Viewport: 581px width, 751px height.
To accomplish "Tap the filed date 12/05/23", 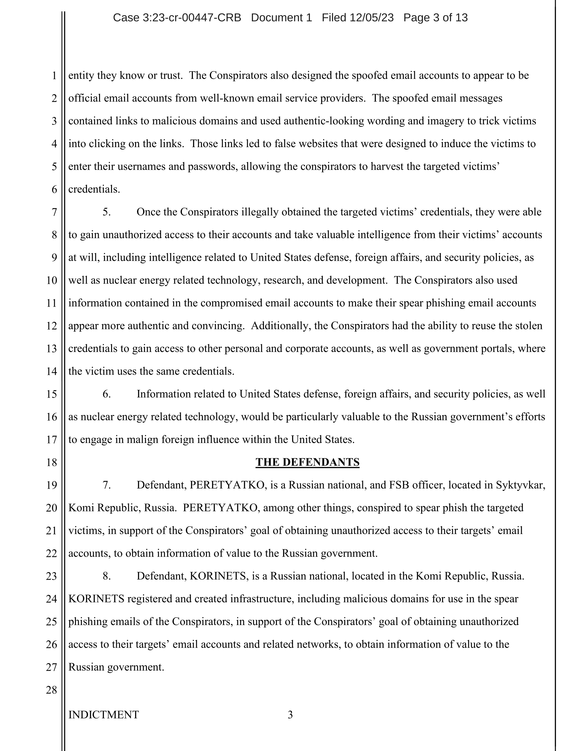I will click(372, 17).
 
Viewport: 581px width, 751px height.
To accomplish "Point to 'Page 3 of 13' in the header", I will click(435, 17).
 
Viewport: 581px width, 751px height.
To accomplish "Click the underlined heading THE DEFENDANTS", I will click(307, 462).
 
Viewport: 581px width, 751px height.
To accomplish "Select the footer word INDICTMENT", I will click(103, 715).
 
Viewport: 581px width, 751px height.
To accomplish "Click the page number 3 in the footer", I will click(290, 715).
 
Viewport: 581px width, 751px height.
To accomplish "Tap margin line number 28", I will click(51, 690).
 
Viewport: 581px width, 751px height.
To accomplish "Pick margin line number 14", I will click(51, 371).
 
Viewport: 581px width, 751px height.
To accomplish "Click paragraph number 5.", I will click(107, 212).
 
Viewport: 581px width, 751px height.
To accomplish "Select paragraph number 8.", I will click(107, 576).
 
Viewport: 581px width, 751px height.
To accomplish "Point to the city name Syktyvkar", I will click(520, 485).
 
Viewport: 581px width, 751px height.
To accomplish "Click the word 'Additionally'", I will click(279, 326).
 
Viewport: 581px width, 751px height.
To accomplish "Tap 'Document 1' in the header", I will click(281, 17).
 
